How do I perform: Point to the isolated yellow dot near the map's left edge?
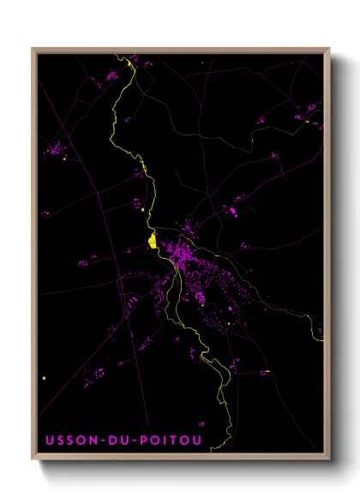click(x=43, y=377)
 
